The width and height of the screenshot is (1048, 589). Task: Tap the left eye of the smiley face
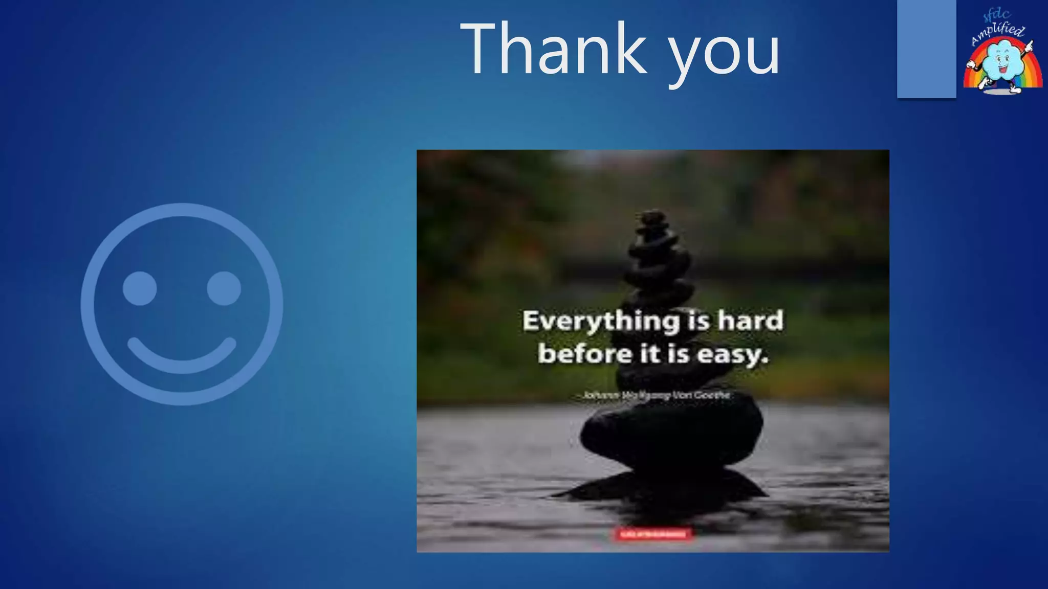139,288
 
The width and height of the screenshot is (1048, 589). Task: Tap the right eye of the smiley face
224,288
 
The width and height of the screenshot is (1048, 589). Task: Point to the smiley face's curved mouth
182,356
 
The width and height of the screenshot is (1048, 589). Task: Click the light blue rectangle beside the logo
926,49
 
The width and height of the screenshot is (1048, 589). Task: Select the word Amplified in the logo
998,35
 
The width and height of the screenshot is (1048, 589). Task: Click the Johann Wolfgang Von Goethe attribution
656,395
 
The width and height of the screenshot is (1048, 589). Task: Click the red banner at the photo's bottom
653,534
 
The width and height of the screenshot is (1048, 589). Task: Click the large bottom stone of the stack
670,435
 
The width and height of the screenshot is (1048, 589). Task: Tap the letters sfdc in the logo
996,15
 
